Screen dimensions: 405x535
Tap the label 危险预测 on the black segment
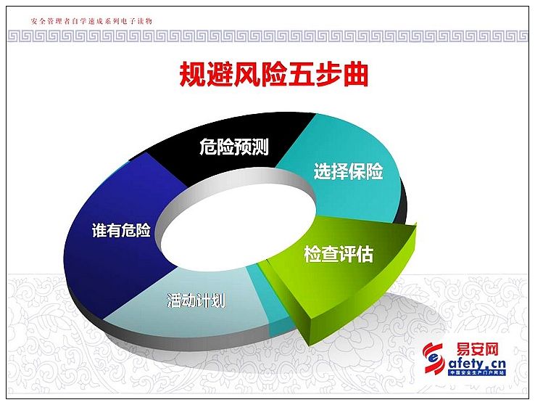pos(233,147)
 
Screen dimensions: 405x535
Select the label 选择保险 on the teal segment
pos(348,172)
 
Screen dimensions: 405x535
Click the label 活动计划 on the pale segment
pos(196,299)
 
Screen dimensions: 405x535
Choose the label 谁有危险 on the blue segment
pos(121,230)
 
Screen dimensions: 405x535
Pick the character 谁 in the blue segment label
pos(99,230)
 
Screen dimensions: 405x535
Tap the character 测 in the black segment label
pos(260,147)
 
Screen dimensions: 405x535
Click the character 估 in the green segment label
pos(365,254)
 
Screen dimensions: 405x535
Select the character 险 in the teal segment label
pos(374,172)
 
